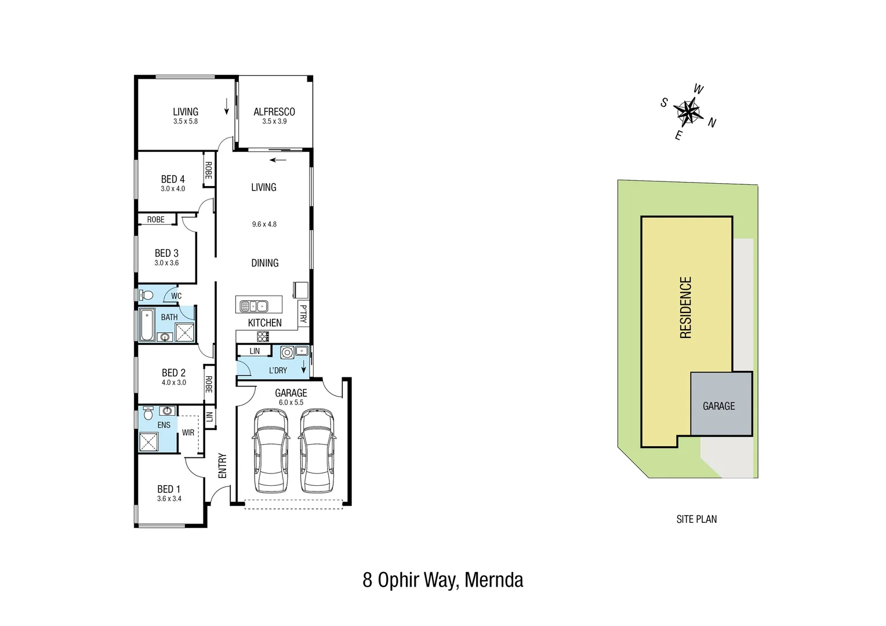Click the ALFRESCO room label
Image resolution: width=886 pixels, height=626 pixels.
pos(274,112)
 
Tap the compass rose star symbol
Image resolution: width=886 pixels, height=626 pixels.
pos(688,112)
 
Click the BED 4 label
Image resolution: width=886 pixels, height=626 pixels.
pos(173,179)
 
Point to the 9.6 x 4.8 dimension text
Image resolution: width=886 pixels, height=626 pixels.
pos(264,224)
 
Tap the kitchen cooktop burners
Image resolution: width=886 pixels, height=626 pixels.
pos(263,336)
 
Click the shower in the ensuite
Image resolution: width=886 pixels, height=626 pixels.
pos(148,441)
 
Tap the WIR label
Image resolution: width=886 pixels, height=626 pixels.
pos(188,432)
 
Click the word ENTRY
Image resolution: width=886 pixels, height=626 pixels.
pos(222,465)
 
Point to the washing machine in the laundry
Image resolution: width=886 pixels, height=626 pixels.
pos(286,352)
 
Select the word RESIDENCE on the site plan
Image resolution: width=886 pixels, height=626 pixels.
pos(685,307)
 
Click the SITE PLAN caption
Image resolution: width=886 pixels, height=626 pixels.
pos(696,519)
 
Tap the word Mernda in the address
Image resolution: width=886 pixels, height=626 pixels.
pos(494,580)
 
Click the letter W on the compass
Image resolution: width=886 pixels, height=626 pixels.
pos(699,89)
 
